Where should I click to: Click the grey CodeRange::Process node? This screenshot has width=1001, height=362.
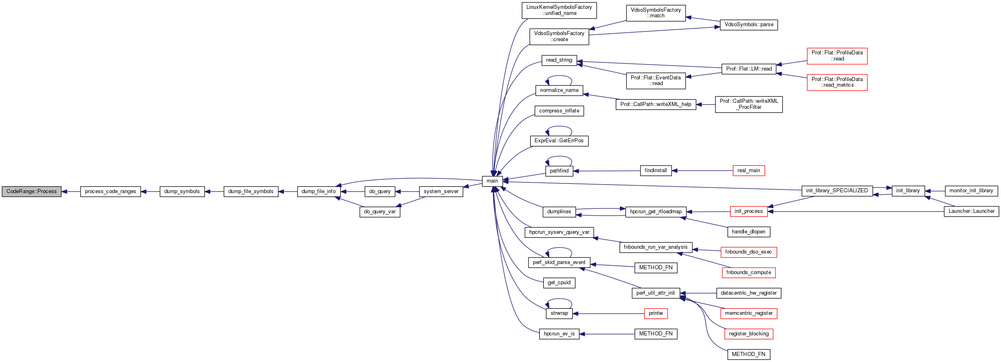[31, 191]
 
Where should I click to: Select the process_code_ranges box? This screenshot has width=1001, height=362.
[110, 191]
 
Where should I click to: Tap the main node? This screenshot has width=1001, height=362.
[492, 181]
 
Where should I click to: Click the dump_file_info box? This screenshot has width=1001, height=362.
[318, 191]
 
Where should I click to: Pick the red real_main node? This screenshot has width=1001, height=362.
[748, 171]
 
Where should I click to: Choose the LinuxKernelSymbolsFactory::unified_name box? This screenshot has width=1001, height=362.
[559, 10]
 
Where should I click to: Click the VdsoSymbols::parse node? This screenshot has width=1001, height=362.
[748, 25]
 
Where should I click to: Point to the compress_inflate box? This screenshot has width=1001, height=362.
[559, 111]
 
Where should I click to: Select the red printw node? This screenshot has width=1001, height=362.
[655, 313]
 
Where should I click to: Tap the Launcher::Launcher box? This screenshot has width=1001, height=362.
[971, 211]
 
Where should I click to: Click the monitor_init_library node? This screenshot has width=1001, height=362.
[971, 191]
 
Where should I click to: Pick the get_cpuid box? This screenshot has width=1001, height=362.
[559, 283]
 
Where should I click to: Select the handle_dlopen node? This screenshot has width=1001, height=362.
[748, 232]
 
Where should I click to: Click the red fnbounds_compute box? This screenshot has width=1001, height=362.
[748, 273]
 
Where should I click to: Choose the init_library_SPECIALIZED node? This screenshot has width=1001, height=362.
[837, 191]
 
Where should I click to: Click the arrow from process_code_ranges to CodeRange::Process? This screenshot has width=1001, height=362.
[71, 191]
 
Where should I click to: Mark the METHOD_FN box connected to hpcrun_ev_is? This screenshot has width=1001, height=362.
[655, 334]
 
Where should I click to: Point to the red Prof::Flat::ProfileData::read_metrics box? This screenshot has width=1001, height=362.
[837, 82]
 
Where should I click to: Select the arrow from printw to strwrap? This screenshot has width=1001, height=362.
[608, 314]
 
